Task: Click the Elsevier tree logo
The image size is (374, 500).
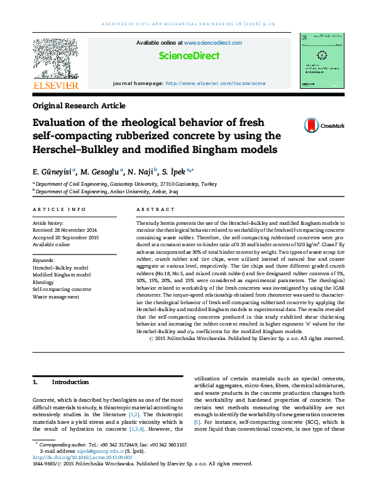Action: (x=55, y=59)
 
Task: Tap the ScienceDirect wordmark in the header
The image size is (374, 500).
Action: (x=189, y=55)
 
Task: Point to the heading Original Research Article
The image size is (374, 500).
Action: (x=79, y=106)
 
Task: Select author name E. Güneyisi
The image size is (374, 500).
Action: (x=52, y=172)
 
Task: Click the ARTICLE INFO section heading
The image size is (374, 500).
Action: (x=59, y=208)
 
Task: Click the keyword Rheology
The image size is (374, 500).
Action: (x=45, y=283)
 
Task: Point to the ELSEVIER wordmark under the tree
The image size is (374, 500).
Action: (x=55, y=85)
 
